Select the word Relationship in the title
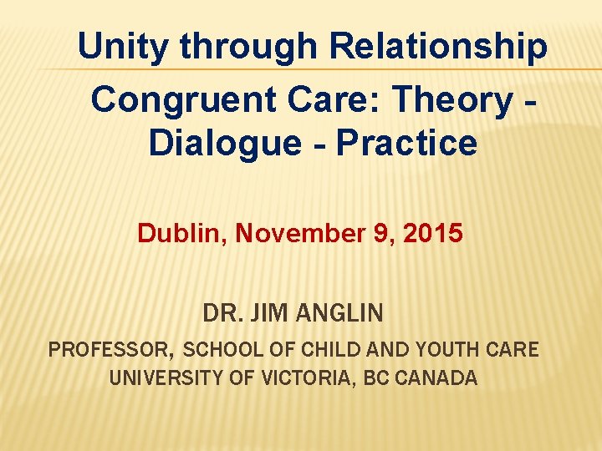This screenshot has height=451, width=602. click(439, 47)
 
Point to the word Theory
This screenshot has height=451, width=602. click(451, 99)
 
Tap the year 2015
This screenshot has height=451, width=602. click(432, 233)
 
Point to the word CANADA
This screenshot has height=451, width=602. click(436, 378)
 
